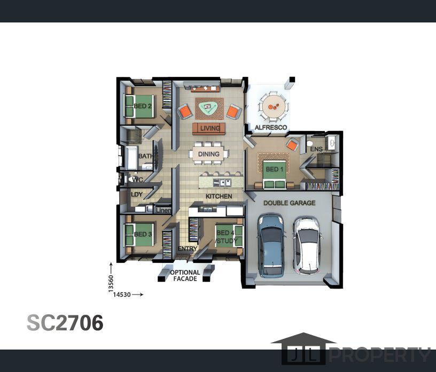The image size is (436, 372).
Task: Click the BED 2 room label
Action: [x=143, y=106]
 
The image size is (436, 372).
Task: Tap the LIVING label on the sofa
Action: [x=210, y=128]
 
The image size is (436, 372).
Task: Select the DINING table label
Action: [x=209, y=154]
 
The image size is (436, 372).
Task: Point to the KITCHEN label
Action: [x=219, y=196]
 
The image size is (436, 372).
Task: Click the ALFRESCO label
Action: [x=271, y=127]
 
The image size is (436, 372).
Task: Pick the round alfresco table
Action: [x=274, y=106]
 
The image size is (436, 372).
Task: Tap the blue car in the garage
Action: [x=271, y=246]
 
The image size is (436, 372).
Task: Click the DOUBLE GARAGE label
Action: [x=290, y=203]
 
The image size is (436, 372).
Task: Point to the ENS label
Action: [x=316, y=149]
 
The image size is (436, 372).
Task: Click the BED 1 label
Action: [x=275, y=169]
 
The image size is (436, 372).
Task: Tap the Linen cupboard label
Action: [x=163, y=211]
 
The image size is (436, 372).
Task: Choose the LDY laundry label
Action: [x=137, y=194]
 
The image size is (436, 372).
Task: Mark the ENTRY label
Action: [x=188, y=249]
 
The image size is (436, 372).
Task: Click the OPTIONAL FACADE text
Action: [x=185, y=275]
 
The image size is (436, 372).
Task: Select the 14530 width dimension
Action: [x=122, y=294]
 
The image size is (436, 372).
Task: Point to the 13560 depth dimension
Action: [x=111, y=283]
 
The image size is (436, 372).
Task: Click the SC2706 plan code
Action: [x=65, y=323]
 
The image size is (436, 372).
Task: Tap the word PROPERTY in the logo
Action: [x=380, y=355]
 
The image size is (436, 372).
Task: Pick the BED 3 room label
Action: [x=143, y=234]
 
